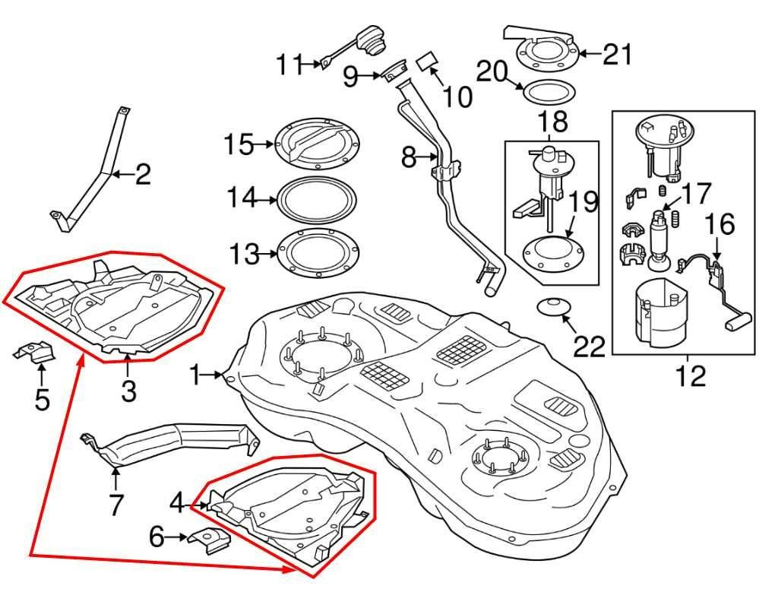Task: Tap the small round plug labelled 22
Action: pyautogui.click(x=553, y=307)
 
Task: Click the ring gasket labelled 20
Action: pyautogui.click(x=546, y=93)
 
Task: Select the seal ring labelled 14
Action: pyautogui.click(x=317, y=200)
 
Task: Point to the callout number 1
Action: pyautogui.click(x=198, y=375)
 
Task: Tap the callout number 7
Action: pyautogui.click(x=115, y=504)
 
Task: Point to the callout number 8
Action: pyautogui.click(x=409, y=158)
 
